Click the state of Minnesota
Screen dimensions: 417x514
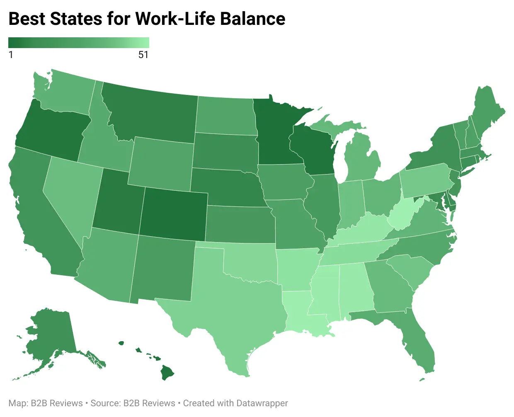point(276,133)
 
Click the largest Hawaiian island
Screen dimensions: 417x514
point(167,372)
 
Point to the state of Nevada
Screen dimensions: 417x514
point(70,195)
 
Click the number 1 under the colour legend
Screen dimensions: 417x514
point(11,55)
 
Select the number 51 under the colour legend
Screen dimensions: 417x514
point(143,55)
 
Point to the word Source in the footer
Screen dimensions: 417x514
point(105,403)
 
